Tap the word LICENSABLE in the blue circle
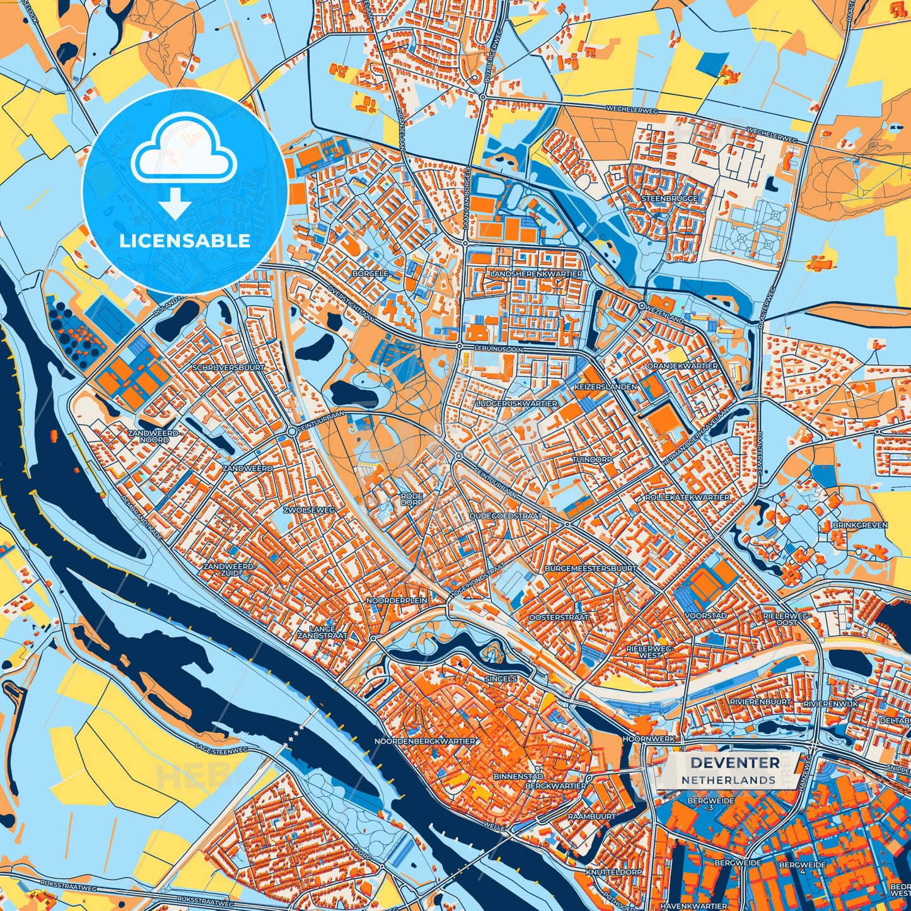[185, 241]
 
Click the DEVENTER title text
[734, 763]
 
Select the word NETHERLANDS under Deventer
[728, 780]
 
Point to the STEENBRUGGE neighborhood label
[670, 199]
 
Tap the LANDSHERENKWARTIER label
[536, 274]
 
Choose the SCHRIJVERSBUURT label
[229, 367]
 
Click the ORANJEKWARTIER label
[682, 366]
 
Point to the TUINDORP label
[592, 460]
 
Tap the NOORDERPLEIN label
[397, 601]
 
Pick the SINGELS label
[501, 679]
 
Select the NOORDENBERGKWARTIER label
[424, 741]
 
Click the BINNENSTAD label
[518, 777]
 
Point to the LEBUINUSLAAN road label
[499, 347]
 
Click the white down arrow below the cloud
[176, 206]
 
